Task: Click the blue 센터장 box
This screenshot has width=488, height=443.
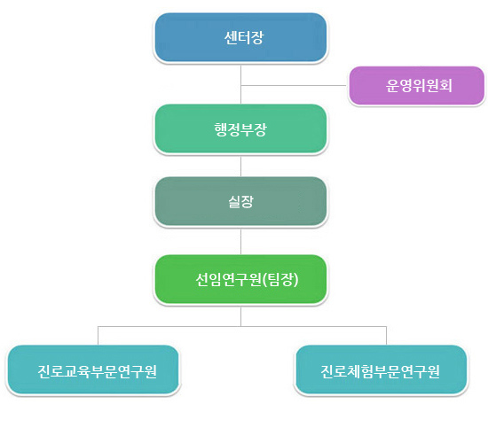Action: tap(240, 37)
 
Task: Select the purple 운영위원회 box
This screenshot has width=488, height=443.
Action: tap(416, 85)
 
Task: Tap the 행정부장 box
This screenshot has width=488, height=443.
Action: tap(240, 128)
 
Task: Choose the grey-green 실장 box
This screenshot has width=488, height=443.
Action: tap(240, 201)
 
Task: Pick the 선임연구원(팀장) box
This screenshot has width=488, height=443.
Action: tap(240, 279)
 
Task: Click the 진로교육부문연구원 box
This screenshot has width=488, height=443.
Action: tap(93, 369)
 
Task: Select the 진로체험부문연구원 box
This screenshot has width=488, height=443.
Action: tap(382, 369)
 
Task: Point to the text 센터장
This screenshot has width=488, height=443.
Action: tap(244, 37)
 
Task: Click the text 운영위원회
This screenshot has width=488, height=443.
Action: tap(419, 85)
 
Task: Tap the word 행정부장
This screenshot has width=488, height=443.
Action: tap(240, 129)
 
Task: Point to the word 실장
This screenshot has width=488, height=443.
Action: tap(240, 201)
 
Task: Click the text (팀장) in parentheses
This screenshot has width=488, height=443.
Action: tap(280, 279)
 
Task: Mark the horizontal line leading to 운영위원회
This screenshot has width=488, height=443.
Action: tap(294, 85)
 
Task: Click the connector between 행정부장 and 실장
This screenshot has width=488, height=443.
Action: tap(240, 166)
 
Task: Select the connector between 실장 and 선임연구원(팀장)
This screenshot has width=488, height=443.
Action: tap(240, 241)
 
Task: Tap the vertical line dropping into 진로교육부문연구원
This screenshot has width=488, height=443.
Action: tap(98, 336)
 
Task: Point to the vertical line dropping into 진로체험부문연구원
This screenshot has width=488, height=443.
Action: tap(386, 336)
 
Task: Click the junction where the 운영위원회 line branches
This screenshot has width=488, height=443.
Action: tap(240, 85)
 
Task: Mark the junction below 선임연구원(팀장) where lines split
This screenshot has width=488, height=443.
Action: tap(240, 326)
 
